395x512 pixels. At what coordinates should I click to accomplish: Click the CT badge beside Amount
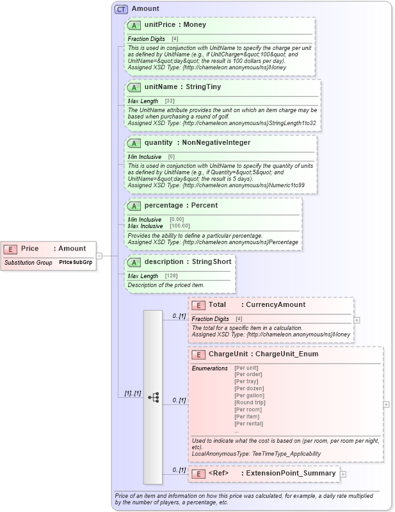coord(120,9)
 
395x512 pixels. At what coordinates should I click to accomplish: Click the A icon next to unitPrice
coord(134,25)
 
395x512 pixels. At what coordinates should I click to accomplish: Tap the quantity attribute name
coord(157,142)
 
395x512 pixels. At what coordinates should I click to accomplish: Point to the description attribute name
coord(164,261)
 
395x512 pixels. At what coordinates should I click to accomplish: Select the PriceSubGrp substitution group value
coord(76,263)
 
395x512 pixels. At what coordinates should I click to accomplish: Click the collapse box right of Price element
coord(99,255)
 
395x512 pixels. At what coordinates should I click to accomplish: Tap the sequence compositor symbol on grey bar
coord(153,397)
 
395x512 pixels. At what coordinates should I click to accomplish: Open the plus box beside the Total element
coord(357,320)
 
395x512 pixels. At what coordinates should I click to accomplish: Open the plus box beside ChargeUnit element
coord(386,404)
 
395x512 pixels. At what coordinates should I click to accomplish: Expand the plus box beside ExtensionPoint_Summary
coord(343,474)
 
